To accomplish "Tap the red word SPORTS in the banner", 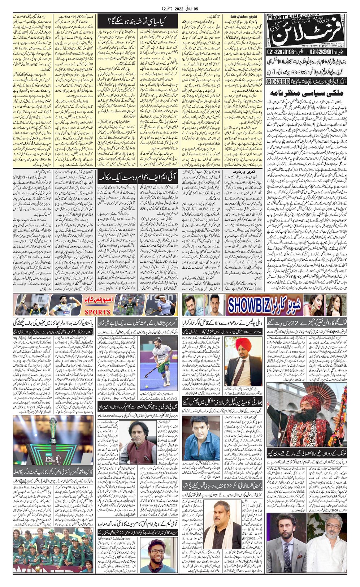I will click(x=97, y=312).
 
